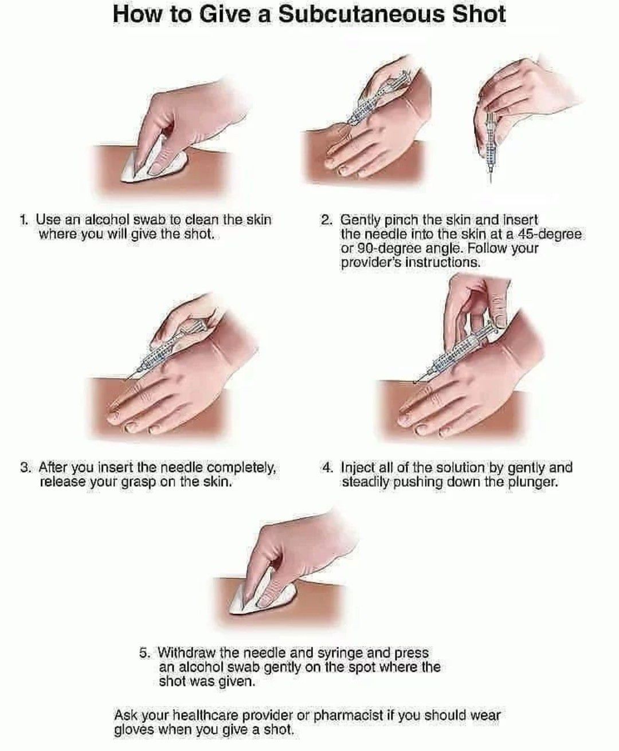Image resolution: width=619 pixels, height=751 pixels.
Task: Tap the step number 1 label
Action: click(23, 220)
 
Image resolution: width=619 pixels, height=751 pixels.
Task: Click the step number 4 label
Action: click(328, 468)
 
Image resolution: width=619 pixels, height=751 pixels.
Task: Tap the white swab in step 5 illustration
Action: click(260, 598)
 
